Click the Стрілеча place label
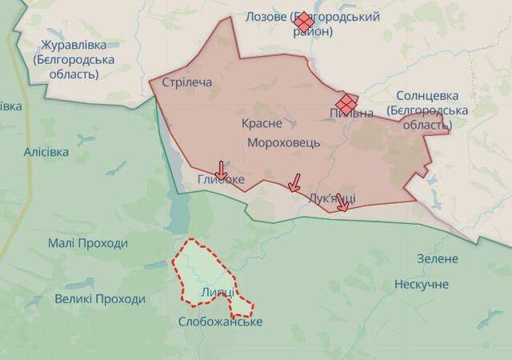point(186,82)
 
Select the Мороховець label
point(284,142)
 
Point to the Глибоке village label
point(221,180)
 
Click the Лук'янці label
point(333,197)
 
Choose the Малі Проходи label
point(87,243)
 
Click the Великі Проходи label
point(100,299)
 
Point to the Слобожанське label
point(220,322)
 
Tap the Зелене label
point(438,258)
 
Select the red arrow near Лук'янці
point(342,203)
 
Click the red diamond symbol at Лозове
point(303,23)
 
